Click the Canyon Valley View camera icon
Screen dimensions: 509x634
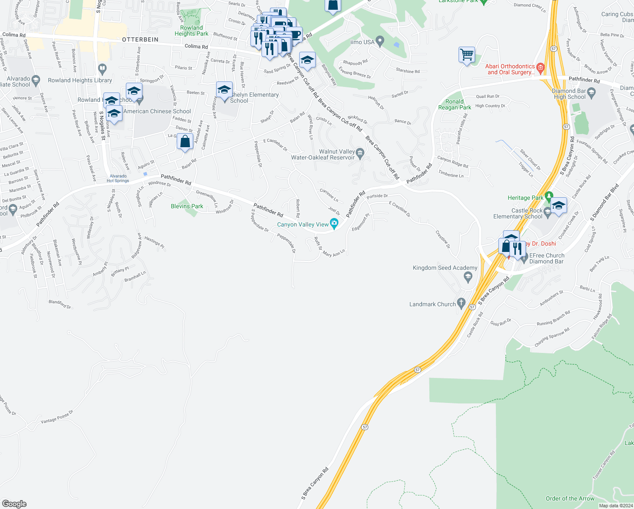[x=334, y=223]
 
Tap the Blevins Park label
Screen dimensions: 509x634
[x=187, y=207]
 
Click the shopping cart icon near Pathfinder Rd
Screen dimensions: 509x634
[x=467, y=55]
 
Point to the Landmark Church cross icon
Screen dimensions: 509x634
[x=461, y=304]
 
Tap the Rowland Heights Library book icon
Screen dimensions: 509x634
[x=102, y=68]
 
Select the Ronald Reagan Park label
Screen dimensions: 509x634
[x=454, y=104]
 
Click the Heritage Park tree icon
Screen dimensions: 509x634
[x=549, y=197]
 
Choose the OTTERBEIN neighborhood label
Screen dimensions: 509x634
[x=140, y=39]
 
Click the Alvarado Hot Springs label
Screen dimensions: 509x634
[x=118, y=179]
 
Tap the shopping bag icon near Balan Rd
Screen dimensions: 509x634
[x=185, y=141]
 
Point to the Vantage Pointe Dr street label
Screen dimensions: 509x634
[x=57, y=417]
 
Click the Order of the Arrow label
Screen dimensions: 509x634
[x=570, y=498]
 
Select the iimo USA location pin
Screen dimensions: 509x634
[x=380, y=41]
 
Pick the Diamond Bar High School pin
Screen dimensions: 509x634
[x=592, y=92]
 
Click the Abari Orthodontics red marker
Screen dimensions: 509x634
[x=540, y=68]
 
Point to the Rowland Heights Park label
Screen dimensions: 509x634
[x=191, y=31]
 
